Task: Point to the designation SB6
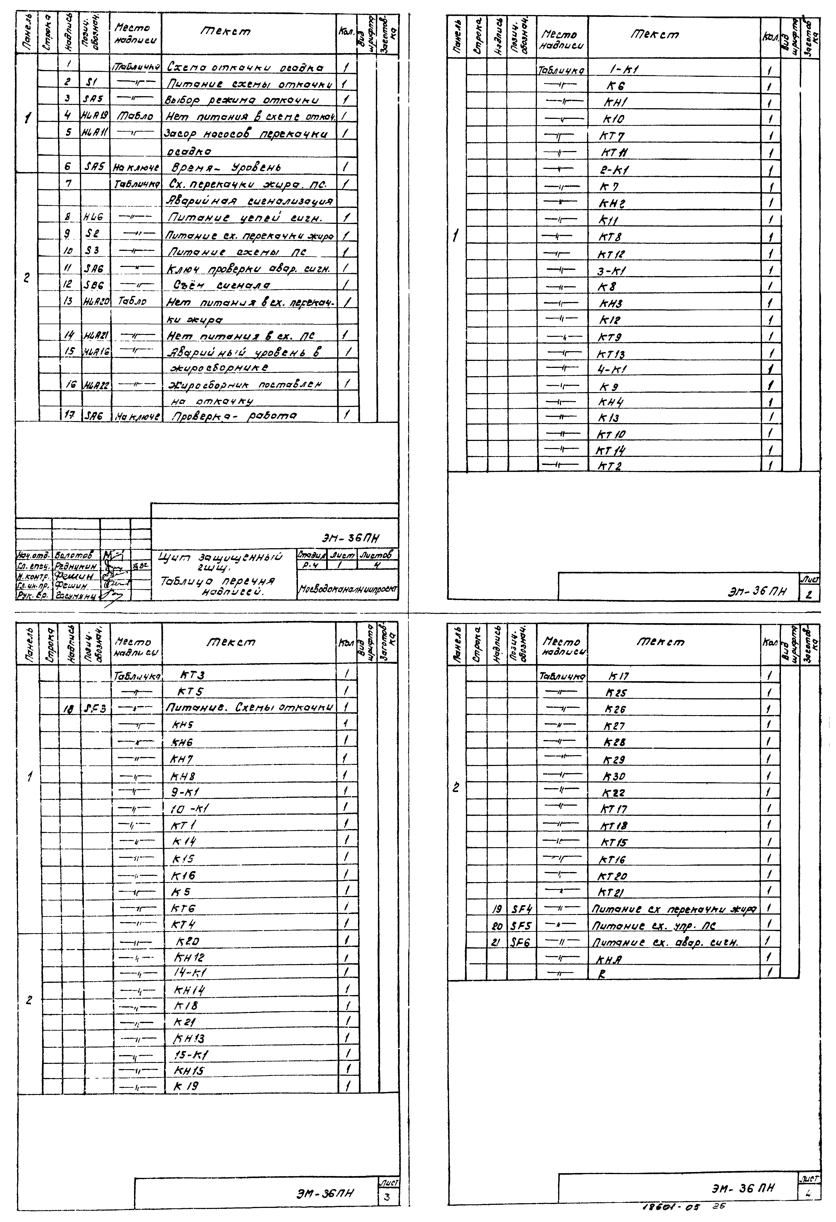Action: [x=94, y=285]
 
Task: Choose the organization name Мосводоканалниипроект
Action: [x=348, y=589]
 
